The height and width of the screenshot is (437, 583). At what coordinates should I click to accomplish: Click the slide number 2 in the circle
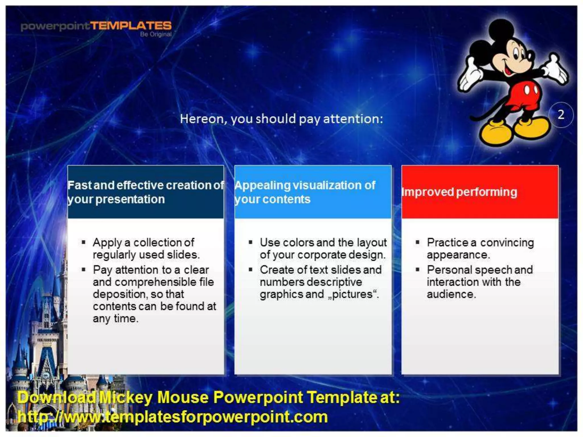561,115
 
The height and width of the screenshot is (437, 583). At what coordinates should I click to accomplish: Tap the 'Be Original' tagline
156,34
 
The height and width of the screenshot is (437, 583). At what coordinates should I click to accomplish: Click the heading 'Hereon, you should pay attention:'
281,119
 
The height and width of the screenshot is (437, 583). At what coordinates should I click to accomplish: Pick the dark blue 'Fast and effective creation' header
145,192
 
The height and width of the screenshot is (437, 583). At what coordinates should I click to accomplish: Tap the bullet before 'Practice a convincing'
417,242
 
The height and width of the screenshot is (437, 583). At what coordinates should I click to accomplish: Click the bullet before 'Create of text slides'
250,269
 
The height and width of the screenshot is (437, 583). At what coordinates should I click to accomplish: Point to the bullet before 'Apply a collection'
83,242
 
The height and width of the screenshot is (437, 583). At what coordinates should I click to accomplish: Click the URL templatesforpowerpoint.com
173,417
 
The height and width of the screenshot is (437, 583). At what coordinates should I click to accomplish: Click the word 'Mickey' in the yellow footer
126,397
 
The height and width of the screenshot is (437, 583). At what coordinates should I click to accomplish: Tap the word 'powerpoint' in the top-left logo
55,26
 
